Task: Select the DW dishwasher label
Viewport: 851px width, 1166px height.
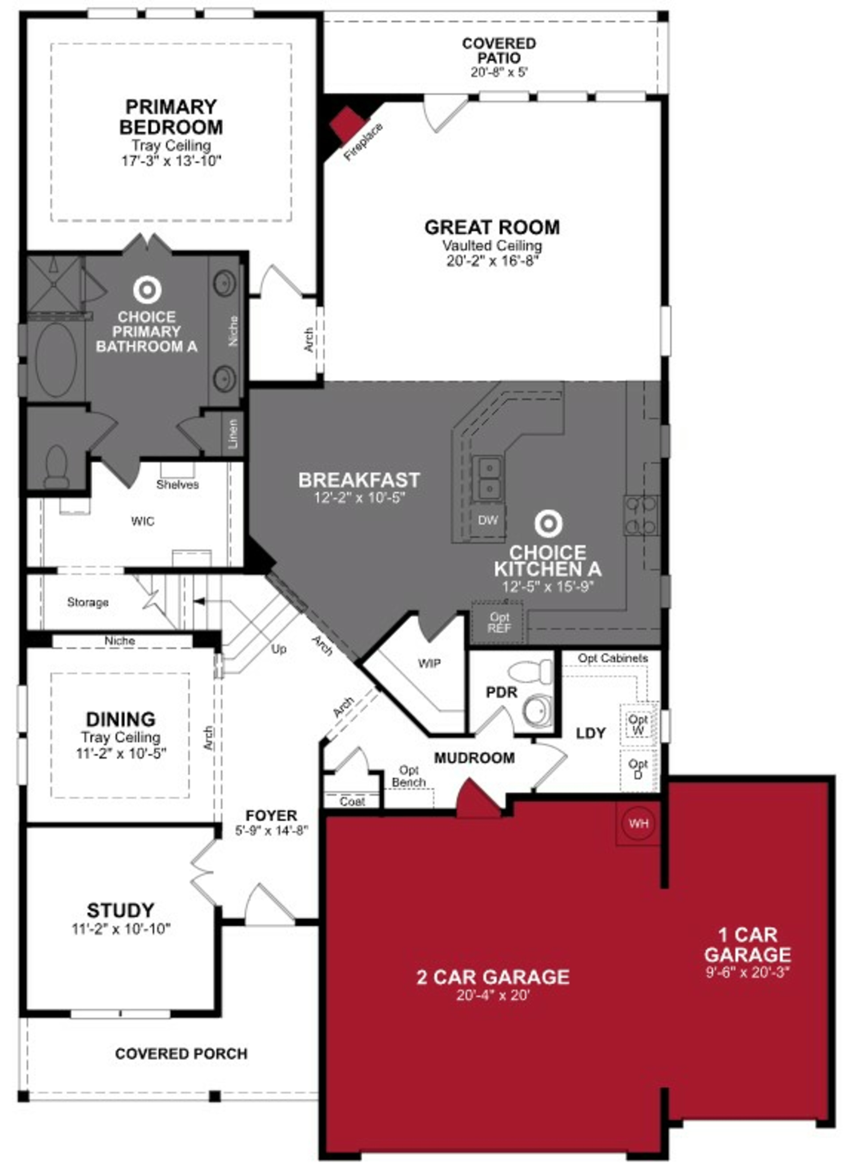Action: click(487, 520)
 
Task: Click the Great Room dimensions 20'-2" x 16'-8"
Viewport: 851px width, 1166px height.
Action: click(492, 261)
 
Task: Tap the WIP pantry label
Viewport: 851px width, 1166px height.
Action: click(429, 663)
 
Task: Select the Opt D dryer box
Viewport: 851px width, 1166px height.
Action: click(638, 769)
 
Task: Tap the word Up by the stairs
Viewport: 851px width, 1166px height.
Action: click(279, 649)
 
